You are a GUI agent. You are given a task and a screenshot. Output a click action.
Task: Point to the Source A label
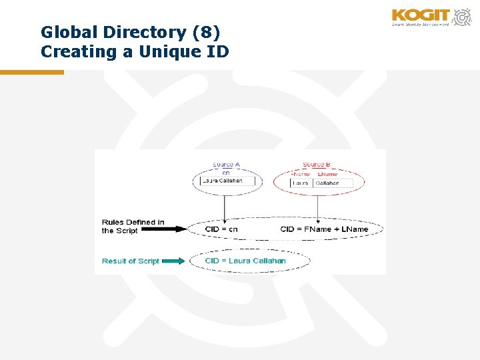(x=227, y=164)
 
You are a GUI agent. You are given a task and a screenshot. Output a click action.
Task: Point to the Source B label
(x=316, y=164)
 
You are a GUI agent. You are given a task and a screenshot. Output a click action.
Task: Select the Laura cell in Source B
(x=302, y=183)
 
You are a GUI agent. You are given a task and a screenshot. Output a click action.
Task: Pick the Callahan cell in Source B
(x=328, y=183)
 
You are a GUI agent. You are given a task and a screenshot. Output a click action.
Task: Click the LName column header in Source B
(x=327, y=174)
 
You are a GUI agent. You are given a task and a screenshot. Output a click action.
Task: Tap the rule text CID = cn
(x=221, y=229)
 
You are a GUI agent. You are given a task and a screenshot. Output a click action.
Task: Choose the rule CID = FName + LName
(x=324, y=229)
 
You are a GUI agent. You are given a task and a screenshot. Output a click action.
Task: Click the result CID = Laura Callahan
(x=245, y=261)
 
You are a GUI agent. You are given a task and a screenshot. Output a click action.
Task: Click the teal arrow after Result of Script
(x=173, y=261)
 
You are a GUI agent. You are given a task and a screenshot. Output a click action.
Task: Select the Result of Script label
(x=130, y=261)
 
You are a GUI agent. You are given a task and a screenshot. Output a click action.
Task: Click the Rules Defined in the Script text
(x=133, y=226)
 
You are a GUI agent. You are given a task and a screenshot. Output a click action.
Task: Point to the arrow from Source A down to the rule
(x=225, y=207)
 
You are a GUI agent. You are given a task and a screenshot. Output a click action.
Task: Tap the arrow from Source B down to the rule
(x=319, y=207)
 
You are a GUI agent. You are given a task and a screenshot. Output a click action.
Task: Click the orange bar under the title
(x=32, y=72)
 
